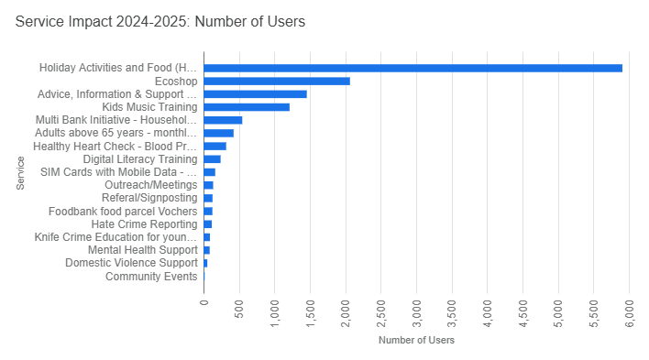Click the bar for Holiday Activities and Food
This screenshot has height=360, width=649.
(412, 68)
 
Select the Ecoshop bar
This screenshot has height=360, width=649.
(276, 82)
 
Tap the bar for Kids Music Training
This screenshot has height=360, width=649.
(246, 107)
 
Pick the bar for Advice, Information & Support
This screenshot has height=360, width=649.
(255, 94)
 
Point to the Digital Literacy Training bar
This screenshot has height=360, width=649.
(212, 159)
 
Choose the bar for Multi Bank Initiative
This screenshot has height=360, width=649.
(223, 120)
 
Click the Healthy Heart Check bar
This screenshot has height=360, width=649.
(214, 147)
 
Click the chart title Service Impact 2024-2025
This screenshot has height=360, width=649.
(160, 21)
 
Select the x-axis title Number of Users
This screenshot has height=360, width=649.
(416, 341)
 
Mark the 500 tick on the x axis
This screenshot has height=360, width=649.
(239, 304)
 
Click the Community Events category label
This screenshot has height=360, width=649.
(151, 277)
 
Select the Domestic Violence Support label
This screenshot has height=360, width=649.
(131, 263)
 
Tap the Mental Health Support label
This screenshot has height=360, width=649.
(142, 250)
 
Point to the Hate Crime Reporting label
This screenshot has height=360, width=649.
(144, 224)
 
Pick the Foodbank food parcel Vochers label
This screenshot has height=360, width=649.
(123, 212)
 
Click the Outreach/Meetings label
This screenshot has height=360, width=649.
(150, 185)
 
